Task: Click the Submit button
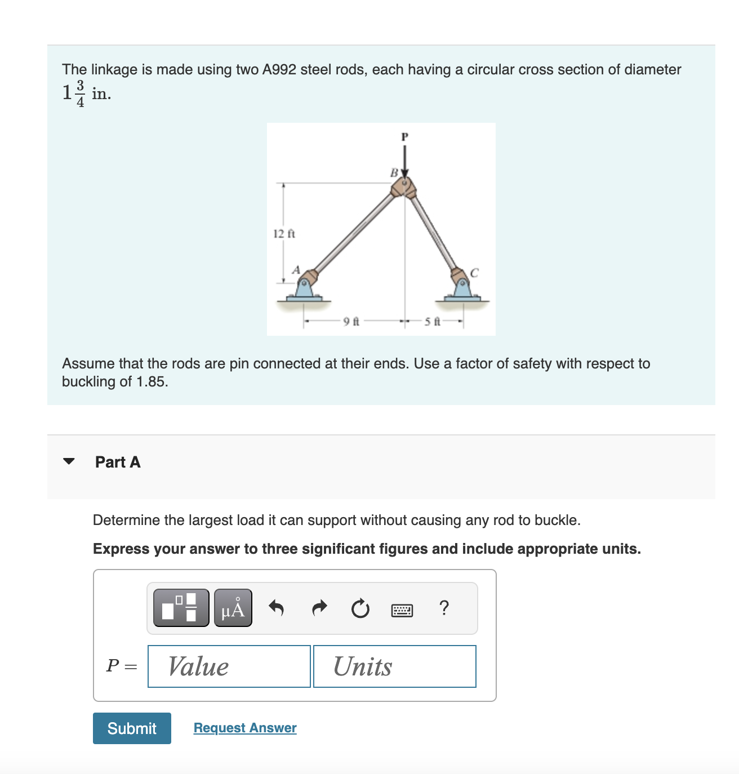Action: [132, 728]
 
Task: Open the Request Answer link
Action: [245, 728]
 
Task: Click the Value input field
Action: [229, 666]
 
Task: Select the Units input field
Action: [394, 666]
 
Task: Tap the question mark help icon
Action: [444, 608]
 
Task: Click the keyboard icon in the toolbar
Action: [402, 610]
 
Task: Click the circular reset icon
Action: [360, 608]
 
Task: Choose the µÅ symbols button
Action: [233, 608]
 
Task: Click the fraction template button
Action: [181, 608]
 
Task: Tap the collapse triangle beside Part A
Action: [69, 461]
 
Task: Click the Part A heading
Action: [118, 462]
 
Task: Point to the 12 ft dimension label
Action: [284, 234]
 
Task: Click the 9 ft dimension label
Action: [351, 322]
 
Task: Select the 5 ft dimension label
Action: [432, 322]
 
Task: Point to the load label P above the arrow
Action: [404, 136]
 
